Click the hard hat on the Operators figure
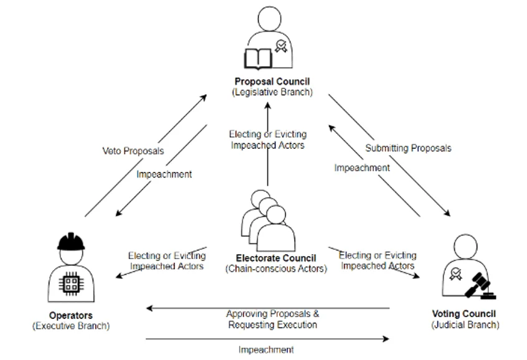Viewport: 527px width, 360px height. coord(70,242)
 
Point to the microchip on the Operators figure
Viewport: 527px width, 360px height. coord(70,284)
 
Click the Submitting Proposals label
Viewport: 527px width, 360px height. coord(408,148)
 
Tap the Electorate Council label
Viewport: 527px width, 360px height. coord(276,258)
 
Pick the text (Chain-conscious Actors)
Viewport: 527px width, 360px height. coord(276,269)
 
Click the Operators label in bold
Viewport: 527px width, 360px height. coord(70,315)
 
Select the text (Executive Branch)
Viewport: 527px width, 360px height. coord(70,326)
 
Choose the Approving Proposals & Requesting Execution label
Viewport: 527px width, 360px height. coord(272,319)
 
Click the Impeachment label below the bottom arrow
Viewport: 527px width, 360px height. coord(266,349)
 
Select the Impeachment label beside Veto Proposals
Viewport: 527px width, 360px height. coord(164,174)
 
